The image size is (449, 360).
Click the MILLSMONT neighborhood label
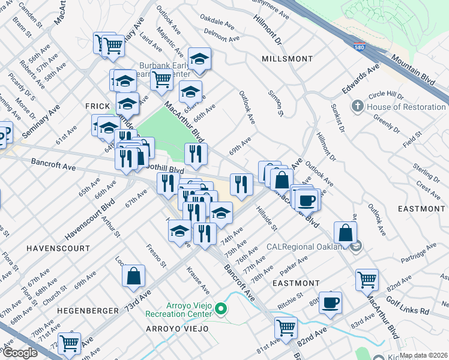pos(287,59)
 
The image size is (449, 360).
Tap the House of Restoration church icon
pos(358,107)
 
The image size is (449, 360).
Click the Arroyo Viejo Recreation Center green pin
pos(221,309)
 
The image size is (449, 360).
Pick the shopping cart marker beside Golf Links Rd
pos(367,279)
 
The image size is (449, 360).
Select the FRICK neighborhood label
pos(97,106)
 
